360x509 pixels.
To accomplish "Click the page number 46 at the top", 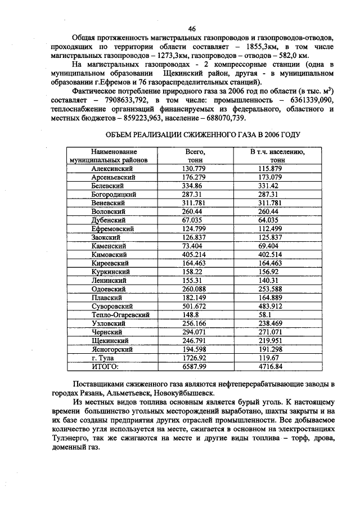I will tap(192, 29).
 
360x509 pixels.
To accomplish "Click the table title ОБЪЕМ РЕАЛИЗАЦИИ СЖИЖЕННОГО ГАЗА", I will tap(203, 135).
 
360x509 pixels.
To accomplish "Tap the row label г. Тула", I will tap(105, 358).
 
